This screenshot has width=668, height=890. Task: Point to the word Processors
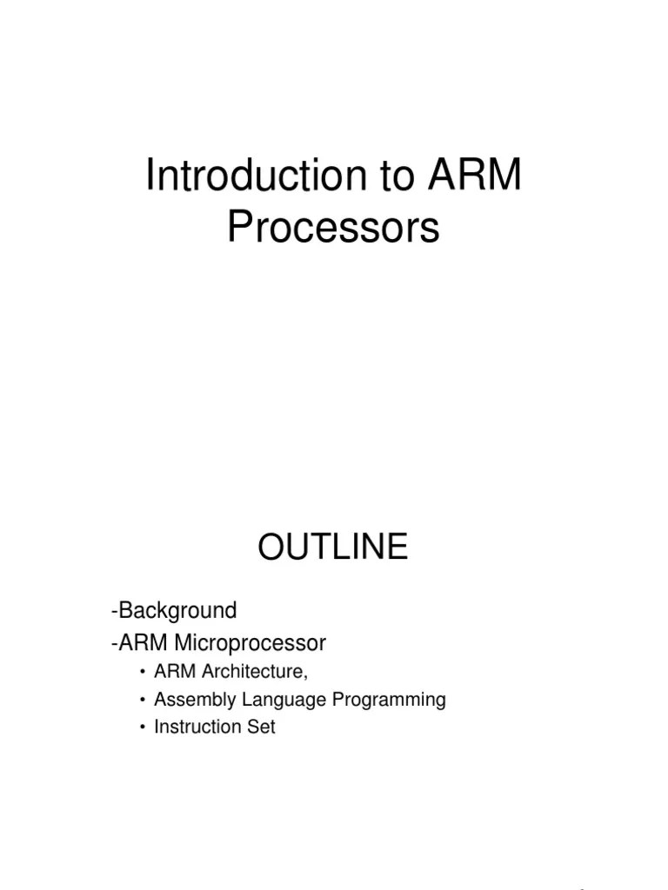point(333,228)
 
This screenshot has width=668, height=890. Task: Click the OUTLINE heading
point(332,548)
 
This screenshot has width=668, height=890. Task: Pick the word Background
point(177,610)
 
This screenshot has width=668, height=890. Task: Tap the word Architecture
point(254,672)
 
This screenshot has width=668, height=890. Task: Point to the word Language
point(281,700)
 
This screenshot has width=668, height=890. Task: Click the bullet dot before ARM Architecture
point(142,673)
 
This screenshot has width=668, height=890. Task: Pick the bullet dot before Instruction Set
point(142,727)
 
